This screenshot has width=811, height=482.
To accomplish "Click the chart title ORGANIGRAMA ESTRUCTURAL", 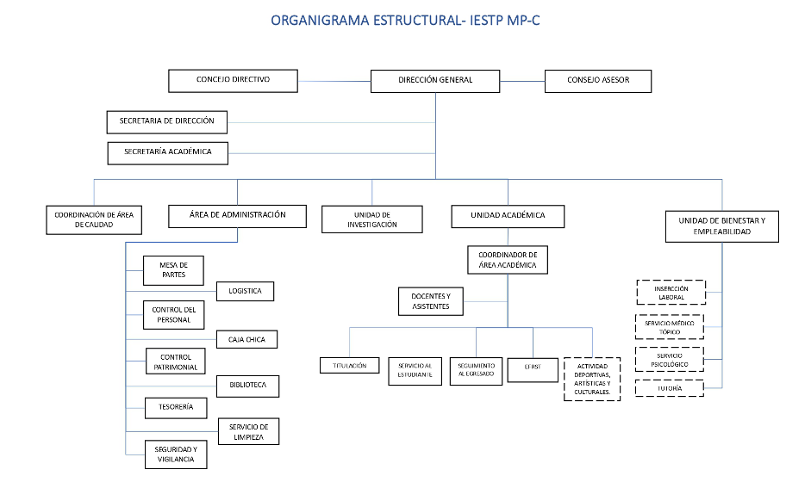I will coord(406,19).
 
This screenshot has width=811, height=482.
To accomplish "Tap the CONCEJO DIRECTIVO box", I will coord(233,80).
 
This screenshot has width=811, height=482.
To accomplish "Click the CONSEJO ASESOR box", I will coord(598,81).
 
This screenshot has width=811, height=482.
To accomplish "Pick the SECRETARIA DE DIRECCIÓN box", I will coord(167,122).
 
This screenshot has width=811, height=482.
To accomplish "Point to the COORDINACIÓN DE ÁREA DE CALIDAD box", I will coord(94,219).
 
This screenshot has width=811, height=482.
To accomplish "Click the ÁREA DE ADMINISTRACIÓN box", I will coord(238,215).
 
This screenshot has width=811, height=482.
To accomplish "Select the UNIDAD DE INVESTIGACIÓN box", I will coord(372,219).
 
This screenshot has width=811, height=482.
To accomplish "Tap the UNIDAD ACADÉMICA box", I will coord(508,216).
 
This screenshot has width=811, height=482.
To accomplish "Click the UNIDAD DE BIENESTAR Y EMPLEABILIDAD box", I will coord(722,226).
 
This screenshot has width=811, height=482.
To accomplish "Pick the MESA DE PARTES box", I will coord(175,270).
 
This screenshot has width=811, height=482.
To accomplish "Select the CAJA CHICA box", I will coord(246,339).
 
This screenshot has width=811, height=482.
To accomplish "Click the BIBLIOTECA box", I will coord(247,386).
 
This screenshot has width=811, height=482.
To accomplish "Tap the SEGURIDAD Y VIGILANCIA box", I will coord(175,454).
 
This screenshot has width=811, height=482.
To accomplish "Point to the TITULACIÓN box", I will coord(349,366).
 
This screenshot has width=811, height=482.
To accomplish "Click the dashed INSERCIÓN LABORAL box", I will coord(671,293).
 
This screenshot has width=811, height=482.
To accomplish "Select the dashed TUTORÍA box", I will coord(671,389).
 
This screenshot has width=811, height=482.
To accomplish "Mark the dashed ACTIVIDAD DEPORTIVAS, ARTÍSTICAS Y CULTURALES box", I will coord(591,380).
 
